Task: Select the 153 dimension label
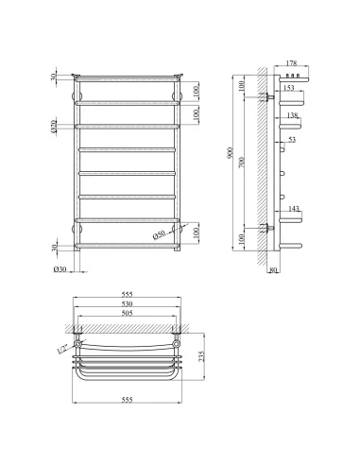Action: [x=289, y=88]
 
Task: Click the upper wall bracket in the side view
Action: [x=270, y=95]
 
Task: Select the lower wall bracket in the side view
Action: [x=270, y=227]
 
